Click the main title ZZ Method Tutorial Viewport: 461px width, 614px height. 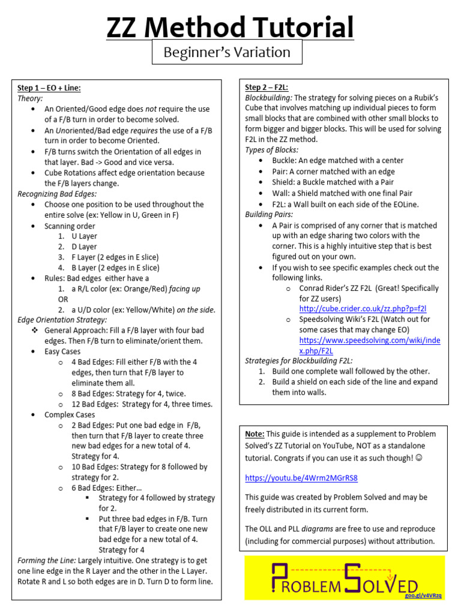[230, 28]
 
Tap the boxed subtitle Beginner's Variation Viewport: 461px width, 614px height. [227, 52]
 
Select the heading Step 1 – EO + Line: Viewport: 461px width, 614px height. [49, 88]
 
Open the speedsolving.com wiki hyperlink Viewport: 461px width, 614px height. [369, 345]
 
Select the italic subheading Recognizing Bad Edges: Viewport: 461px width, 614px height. [57, 194]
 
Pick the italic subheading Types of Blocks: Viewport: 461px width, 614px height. [272, 150]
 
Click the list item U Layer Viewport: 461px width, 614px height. [84, 236]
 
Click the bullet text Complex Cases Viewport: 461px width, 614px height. [70, 415]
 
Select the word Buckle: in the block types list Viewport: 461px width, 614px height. [286, 161]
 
